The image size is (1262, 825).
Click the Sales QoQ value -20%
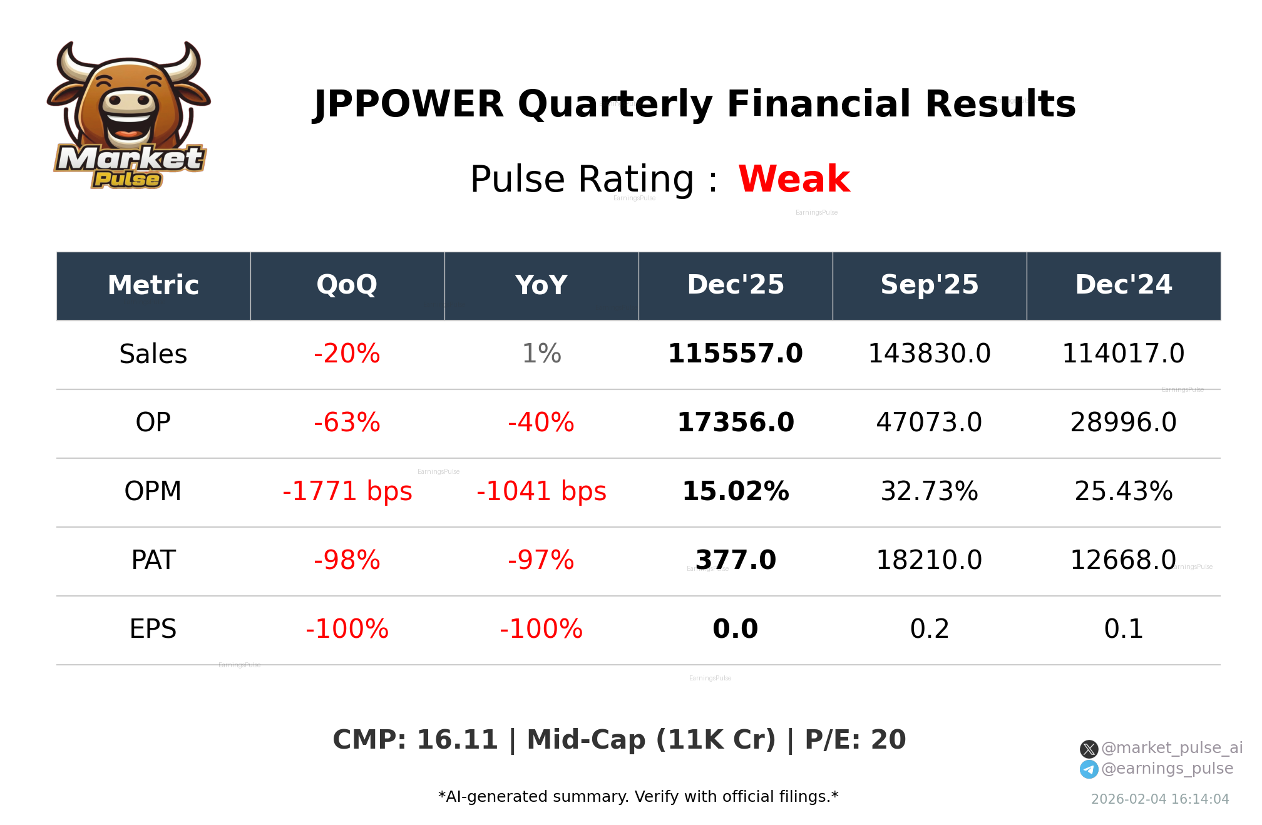click(x=347, y=354)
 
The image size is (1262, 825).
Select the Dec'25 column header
click(x=736, y=285)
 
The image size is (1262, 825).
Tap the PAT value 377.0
click(x=736, y=560)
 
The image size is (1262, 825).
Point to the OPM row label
click(x=153, y=491)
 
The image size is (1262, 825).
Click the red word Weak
click(x=794, y=179)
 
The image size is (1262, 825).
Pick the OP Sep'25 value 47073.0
click(x=929, y=423)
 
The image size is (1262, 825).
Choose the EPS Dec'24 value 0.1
click(x=1123, y=629)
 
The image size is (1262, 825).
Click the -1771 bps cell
click(x=347, y=491)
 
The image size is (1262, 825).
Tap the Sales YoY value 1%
click(x=541, y=354)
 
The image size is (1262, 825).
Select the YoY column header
click(x=541, y=285)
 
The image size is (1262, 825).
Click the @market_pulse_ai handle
click(x=1171, y=748)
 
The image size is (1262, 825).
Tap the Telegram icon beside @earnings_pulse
click(x=1089, y=769)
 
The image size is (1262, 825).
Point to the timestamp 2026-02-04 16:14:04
click(x=1160, y=799)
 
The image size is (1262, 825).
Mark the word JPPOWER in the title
click(x=409, y=104)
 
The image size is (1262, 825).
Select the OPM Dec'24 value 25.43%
click(x=1123, y=491)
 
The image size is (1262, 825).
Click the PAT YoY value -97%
click(x=541, y=560)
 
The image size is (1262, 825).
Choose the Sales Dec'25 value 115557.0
click(x=736, y=354)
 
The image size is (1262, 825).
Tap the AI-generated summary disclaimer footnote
click(x=638, y=797)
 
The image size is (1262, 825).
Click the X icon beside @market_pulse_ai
click(x=1089, y=749)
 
